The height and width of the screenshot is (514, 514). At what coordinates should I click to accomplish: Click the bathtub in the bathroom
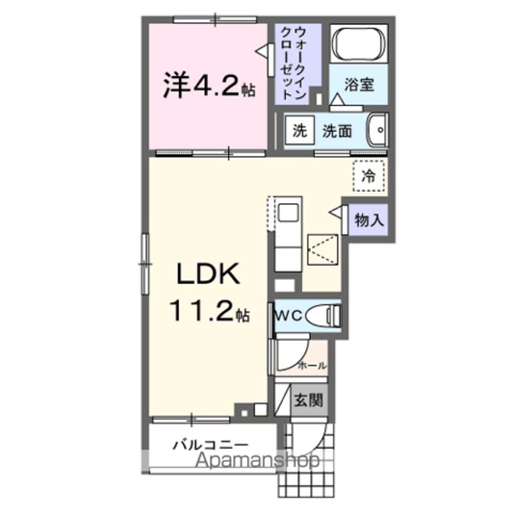click(358, 43)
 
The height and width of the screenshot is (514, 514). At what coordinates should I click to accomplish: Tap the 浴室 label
click(359, 85)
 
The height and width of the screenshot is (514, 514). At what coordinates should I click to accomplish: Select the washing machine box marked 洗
click(300, 131)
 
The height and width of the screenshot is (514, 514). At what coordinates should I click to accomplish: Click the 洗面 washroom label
click(337, 131)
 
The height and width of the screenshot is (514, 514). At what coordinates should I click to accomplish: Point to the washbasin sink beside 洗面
click(377, 130)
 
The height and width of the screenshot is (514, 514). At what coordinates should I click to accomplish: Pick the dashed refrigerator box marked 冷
click(369, 177)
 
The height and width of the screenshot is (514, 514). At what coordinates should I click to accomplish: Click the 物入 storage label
click(369, 220)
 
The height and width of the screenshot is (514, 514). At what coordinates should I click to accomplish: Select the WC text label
click(288, 316)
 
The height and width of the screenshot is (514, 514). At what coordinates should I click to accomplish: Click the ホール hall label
click(312, 365)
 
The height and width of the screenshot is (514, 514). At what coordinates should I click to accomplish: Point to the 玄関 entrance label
click(308, 400)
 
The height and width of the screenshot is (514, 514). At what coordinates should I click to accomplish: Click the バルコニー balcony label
click(210, 445)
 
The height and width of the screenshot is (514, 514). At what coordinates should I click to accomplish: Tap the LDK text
click(208, 274)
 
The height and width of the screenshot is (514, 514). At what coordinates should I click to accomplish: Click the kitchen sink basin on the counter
click(288, 213)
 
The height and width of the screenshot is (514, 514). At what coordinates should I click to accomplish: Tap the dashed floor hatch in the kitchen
click(323, 250)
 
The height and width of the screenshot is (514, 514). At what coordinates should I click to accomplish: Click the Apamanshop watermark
click(257, 461)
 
